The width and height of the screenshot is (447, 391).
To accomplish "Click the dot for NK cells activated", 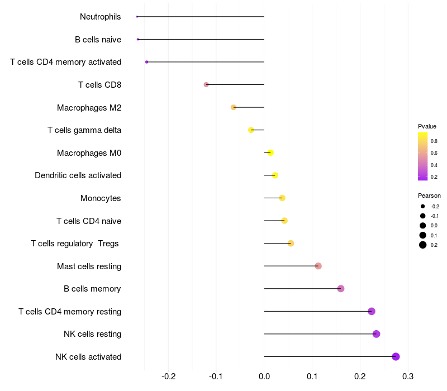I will [396, 356].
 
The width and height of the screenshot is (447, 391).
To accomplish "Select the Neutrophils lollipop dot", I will [137, 17].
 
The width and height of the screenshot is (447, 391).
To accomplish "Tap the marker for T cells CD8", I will [206, 84].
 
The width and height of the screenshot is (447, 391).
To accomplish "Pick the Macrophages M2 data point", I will [234, 107].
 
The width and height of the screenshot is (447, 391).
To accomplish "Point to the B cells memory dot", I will [341, 289].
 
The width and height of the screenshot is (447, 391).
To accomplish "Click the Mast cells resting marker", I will [318, 266].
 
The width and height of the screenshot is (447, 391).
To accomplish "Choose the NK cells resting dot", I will [376, 334].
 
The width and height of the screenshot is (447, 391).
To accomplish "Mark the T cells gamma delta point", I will [251, 130].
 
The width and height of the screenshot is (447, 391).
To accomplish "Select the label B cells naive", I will [98, 40].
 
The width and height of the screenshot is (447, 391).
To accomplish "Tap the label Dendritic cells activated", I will [78, 175].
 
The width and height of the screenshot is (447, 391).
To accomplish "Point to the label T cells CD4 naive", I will [89, 221].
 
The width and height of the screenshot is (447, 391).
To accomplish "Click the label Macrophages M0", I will [89, 153].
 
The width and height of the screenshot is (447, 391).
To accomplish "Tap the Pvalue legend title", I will [427, 126].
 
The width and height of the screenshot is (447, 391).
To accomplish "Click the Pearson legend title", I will [429, 195].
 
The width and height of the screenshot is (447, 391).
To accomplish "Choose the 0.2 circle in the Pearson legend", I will [423, 245].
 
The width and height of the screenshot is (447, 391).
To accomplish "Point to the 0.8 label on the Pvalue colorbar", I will [434, 141].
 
